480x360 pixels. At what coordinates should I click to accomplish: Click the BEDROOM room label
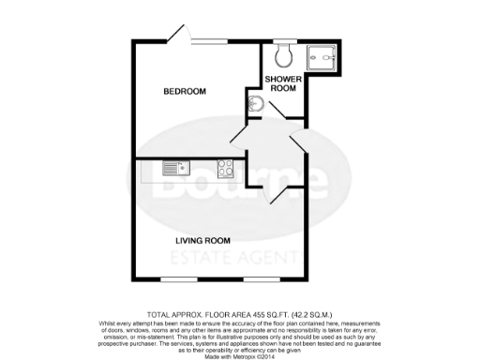pos(185,91)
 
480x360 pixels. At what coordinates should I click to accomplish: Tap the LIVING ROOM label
pos(205,240)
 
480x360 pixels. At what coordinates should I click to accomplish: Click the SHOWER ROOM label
pos(281,84)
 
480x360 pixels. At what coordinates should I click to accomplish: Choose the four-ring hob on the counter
pos(226,169)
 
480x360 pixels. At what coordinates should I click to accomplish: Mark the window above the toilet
pos(284,40)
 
